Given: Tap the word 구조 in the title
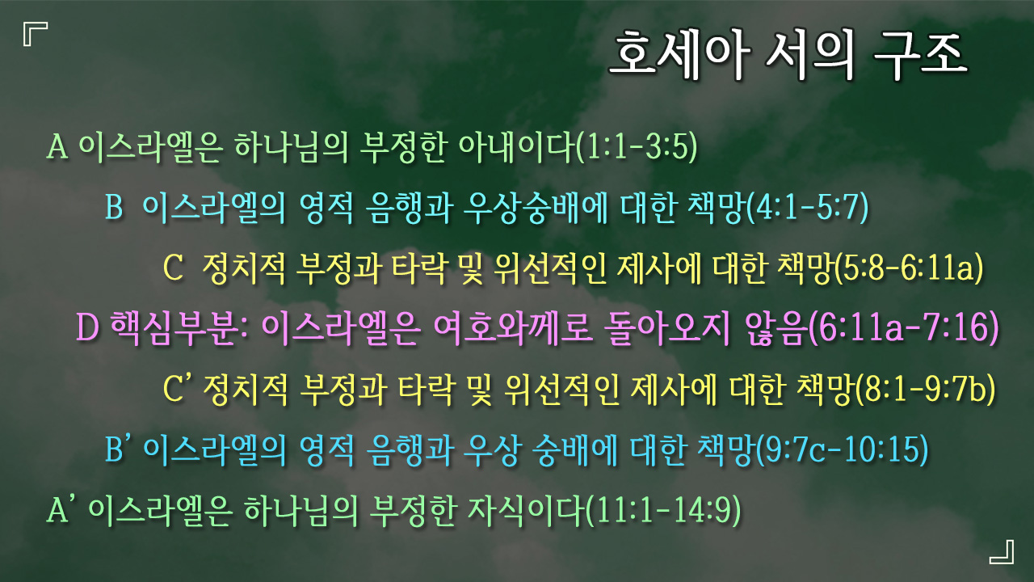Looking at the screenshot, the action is pos(919,53).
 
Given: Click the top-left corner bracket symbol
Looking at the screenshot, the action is pos(36,34).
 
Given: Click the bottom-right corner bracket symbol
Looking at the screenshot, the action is pos(1002,552).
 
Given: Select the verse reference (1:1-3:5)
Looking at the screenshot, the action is pos(637,148).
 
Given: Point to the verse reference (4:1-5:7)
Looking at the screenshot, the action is pos(808,208).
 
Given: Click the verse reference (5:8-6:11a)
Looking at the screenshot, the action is pos(910,268).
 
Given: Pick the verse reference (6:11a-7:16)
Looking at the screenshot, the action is pos(904,328).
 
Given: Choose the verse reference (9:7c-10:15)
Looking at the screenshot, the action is pos(843,449).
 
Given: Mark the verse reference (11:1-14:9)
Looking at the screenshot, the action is pos(663,510).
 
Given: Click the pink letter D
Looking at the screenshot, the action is pos(88,327).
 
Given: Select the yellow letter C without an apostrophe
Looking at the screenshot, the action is pos(174,268).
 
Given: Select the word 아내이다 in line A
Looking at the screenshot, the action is pos(517,148).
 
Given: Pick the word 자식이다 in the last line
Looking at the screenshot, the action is pos(526,510).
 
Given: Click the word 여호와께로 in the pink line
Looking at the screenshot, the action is pos(512,328).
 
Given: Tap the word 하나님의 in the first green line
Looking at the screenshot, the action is pos(291,148).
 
